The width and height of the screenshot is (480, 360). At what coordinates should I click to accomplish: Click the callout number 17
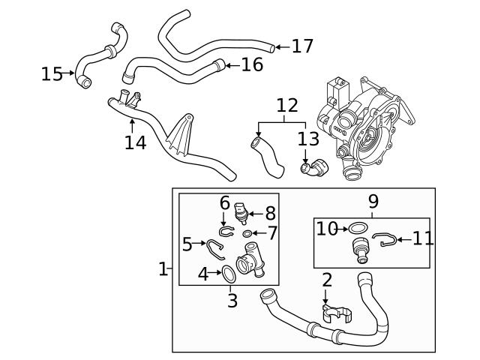[302, 46]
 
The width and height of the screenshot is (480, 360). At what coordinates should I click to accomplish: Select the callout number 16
[252, 65]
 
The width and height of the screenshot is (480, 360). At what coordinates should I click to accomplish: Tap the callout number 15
[52, 73]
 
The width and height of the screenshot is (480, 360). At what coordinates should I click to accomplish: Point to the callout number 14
[135, 142]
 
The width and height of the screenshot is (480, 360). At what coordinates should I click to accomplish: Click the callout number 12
[286, 106]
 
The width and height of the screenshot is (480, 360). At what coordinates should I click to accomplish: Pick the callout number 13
[307, 139]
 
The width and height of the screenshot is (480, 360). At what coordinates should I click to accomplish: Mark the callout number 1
[163, 268]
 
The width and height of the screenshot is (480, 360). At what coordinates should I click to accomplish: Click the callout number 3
[232, 301]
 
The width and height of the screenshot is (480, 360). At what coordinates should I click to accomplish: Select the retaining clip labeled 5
[217, 249]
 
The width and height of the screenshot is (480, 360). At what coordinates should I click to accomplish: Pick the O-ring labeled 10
[359, 228]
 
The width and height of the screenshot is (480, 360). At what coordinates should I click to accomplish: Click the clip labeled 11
[384, 240]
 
